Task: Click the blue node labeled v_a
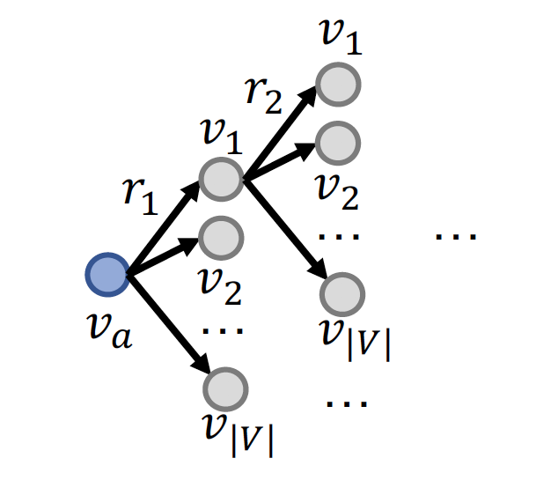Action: [107, 275]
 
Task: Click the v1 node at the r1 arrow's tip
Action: [220, 179]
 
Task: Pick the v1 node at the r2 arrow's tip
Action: [337, 85]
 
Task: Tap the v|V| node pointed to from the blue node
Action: [226, 388]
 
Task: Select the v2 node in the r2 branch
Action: [337, 144]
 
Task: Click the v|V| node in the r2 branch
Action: [342, 294]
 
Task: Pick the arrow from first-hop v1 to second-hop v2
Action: [280, 163]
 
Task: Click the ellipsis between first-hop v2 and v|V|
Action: [222, 331]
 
